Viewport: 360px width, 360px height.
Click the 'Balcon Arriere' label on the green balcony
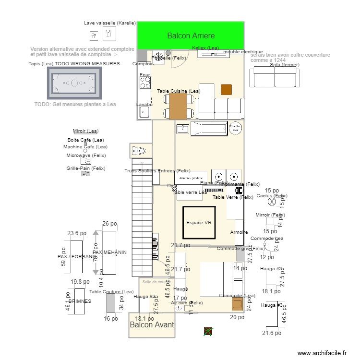click(191, 36)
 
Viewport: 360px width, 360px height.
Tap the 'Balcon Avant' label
click(152, 325)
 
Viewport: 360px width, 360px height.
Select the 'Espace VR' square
click(199, 222)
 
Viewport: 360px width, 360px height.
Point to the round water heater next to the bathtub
click(235, 129)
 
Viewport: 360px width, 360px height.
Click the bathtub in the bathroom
click(209, 128)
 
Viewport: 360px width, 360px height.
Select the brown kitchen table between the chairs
click(178, 106)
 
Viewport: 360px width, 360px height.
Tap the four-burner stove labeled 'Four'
click(144, 83)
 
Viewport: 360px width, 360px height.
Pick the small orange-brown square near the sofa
click(226, 89)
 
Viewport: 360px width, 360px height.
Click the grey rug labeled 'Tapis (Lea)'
click(74, 83)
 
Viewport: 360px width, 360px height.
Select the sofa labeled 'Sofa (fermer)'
click(275, 77)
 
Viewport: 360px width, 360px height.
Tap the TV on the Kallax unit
click(214, 55)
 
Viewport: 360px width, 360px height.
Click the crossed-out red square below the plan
click(208, 331)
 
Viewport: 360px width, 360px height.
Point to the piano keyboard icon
click(214, 190)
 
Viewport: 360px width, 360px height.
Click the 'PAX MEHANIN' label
click(109, 252)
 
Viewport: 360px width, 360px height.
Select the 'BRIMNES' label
click(79, 301)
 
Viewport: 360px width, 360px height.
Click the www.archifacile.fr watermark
click(322, 353)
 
